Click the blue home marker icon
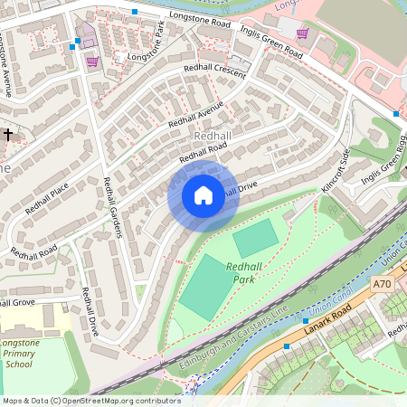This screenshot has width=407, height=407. [203, 195]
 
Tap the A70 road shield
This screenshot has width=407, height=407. [383, 284]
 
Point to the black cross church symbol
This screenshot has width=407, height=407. [8, 134]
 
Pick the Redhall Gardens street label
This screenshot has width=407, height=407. [113, 206]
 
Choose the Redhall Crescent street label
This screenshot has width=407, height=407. [214, 71]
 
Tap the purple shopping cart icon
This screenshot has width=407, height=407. [92, 62]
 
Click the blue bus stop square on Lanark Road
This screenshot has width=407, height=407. [287, 346]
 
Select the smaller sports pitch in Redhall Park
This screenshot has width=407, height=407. [256, 239]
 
